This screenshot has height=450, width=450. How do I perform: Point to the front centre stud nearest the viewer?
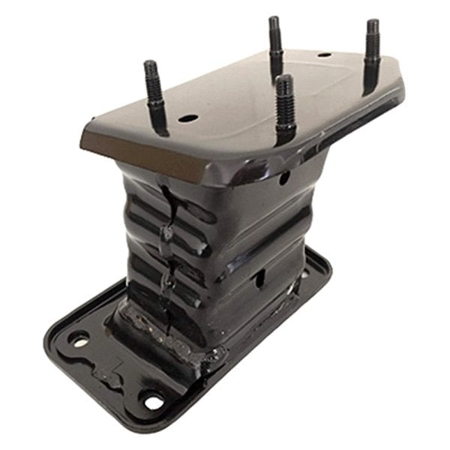284,105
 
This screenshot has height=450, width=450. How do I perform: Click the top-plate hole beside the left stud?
188,118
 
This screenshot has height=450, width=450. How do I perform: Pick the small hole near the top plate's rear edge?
324,54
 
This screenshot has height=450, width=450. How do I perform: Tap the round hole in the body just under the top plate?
284,178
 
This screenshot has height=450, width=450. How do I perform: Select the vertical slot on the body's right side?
260,278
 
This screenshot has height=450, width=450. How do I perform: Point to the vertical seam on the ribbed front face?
167,240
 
